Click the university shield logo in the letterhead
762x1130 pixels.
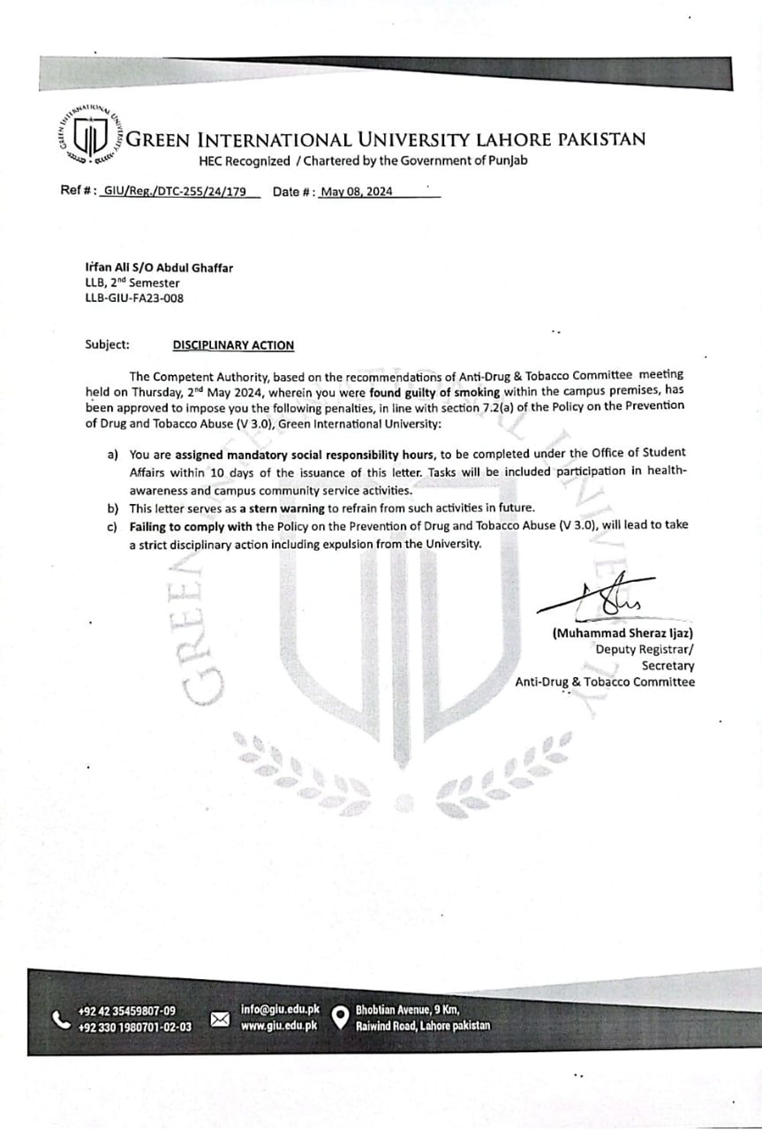(x=90, y=136)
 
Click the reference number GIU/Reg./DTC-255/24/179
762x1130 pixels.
(x=174, y=192)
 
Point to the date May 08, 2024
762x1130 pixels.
(x=356, y=192)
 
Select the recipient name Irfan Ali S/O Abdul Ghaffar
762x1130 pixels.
(x=159, y=267)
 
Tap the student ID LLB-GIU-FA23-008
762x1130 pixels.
(x=134, y=298)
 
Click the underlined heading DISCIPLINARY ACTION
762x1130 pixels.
(x=233, y=345)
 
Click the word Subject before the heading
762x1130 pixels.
(x=106, y=344)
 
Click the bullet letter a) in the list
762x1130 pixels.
(x=113, y=455)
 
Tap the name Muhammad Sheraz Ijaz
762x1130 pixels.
(x=622, y=633)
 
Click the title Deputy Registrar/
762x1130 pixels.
(x=644, y=649)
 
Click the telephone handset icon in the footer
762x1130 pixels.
(x=60, y=1019)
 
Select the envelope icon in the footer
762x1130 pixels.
(x=220, y=1019)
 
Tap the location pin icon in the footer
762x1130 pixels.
(x=341, y=1017)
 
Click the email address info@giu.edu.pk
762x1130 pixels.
(x=280, y=1010)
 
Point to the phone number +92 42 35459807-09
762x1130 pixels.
(x=127, y=1011)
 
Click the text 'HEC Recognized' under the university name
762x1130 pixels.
(x=243, y=161)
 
